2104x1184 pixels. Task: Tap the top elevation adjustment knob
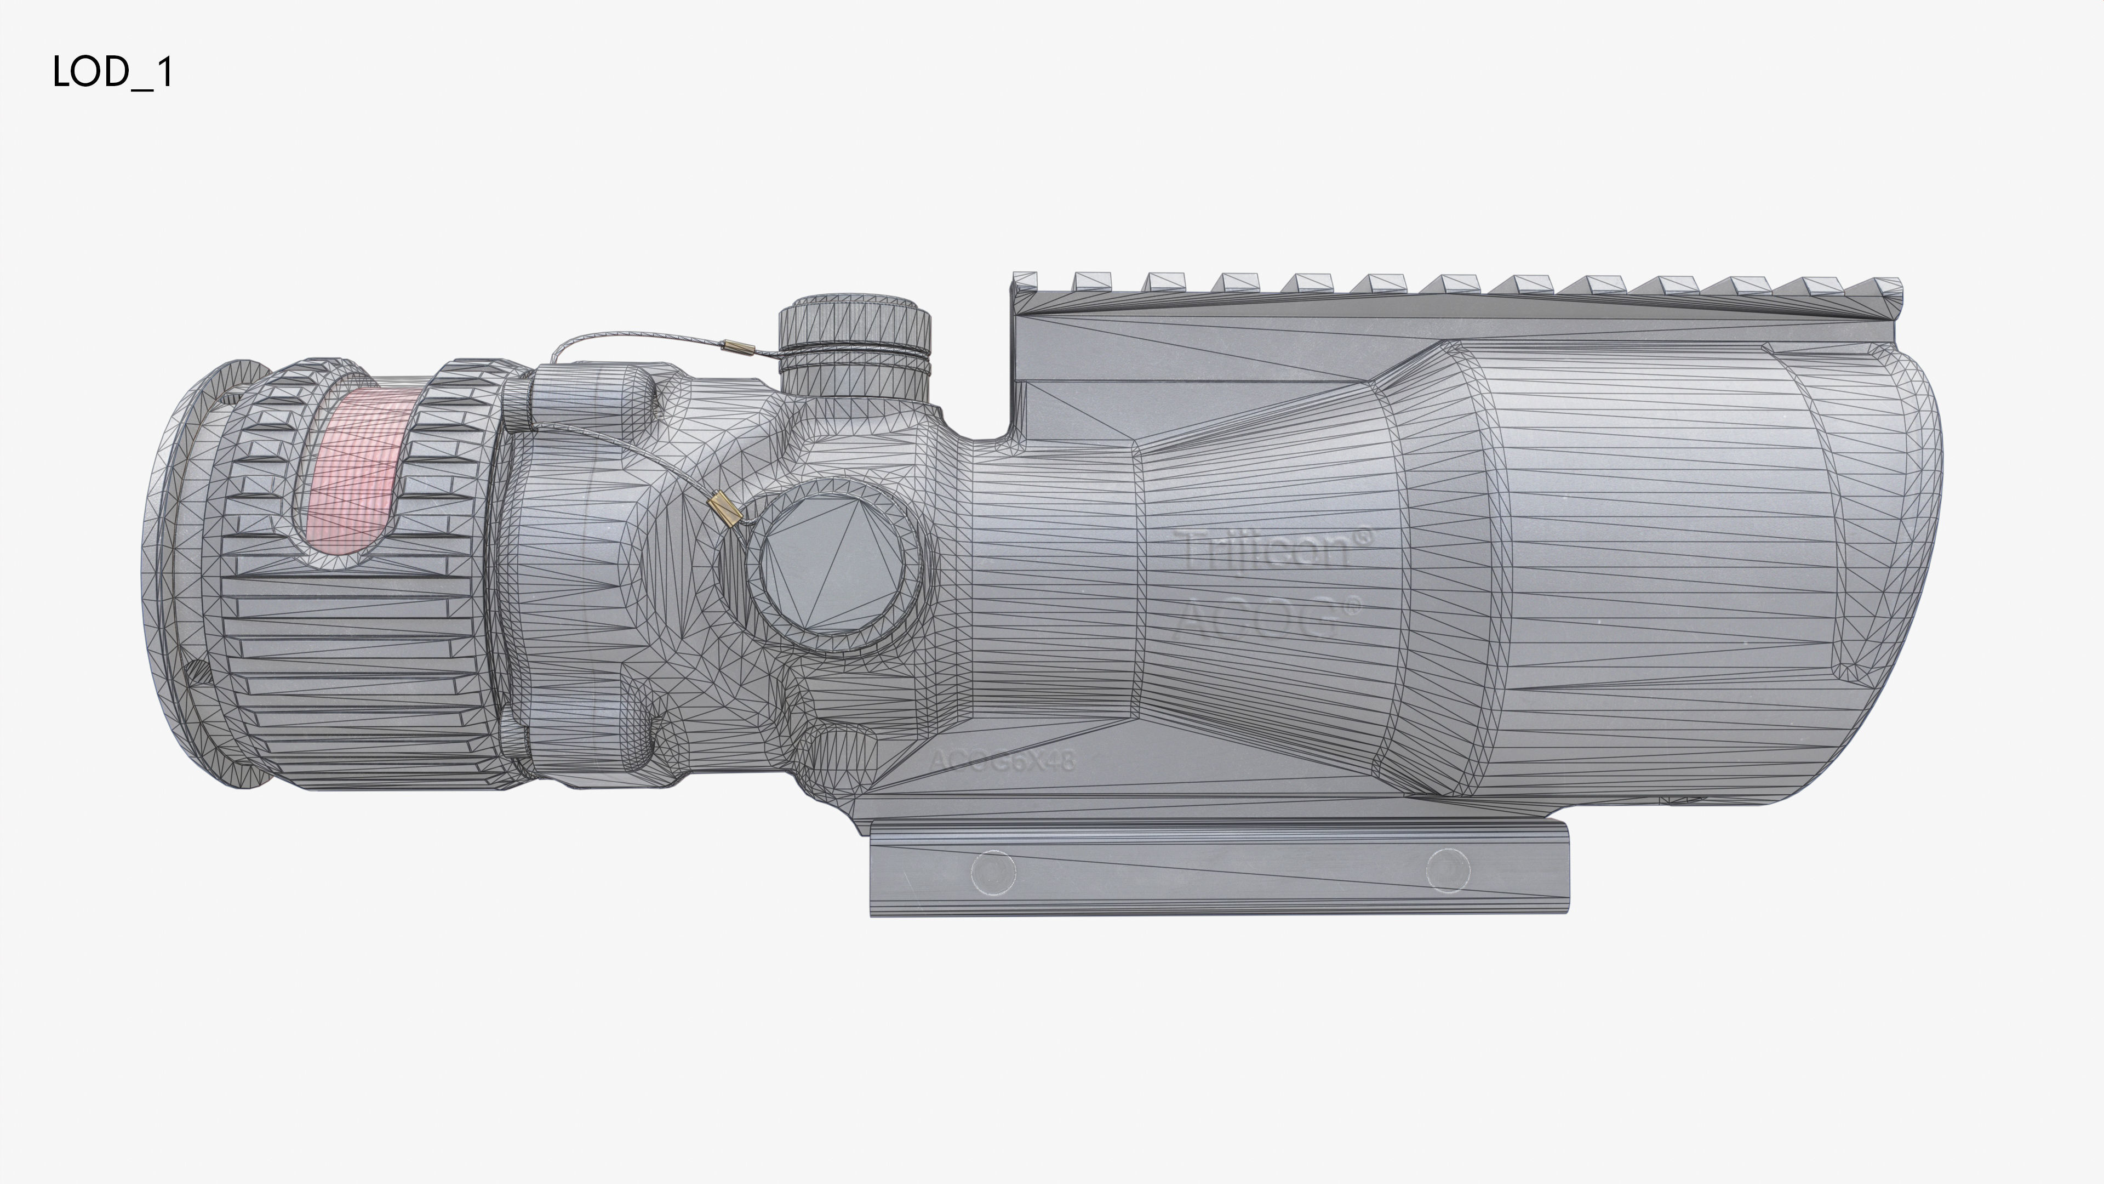(x=854, y=327)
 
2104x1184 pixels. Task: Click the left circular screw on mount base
(x=993, y=871)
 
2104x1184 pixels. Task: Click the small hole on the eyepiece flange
(x=196, y=673)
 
